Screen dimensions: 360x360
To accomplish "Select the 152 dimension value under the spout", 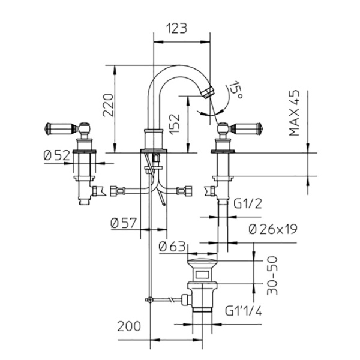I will click(x=174, y=123).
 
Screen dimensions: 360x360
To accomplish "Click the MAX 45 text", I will click(x=295, y=113).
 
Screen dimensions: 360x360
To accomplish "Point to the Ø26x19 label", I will click(x=272, y=229).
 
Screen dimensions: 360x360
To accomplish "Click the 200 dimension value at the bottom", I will click(x=129, y=326).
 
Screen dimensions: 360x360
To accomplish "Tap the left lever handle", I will click(x=59, y=128).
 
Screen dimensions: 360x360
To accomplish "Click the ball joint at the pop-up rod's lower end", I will click(x=147, y=299).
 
